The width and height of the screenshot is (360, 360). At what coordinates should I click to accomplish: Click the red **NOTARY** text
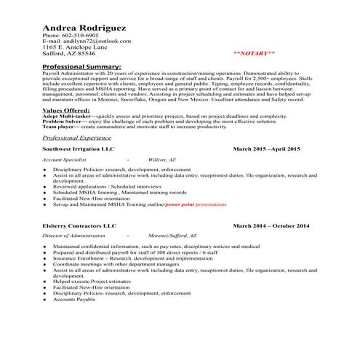254,54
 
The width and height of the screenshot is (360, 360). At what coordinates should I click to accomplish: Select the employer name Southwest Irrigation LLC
79,148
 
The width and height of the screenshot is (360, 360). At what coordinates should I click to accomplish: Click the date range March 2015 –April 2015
266,148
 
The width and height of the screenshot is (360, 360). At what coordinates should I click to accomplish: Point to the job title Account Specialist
65,158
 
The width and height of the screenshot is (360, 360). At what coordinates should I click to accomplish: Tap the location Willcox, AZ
161,158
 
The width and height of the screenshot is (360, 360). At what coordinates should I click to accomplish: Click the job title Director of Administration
73,236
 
